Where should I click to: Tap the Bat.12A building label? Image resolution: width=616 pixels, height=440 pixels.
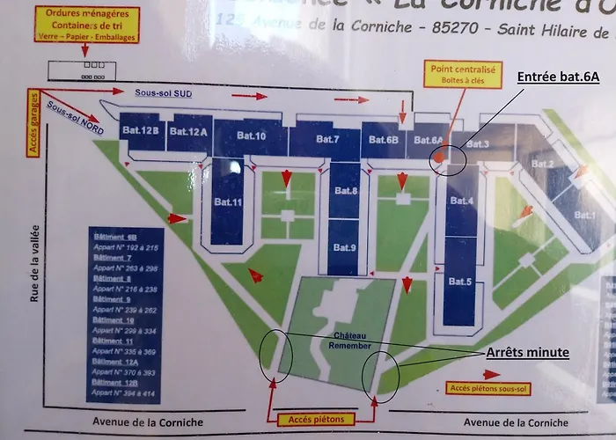point(188,132)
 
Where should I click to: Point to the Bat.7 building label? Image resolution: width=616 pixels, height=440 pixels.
point(327,139)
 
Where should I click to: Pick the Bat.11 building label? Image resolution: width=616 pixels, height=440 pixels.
point(228,202)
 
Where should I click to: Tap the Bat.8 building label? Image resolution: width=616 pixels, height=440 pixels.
point(345,191)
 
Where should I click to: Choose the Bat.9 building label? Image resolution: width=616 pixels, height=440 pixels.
point(344,247)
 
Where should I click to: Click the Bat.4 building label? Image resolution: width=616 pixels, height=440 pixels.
point(461,201)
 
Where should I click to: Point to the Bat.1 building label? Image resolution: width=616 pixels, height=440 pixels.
point(584,214)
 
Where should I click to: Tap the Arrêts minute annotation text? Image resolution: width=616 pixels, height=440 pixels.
point(527,353)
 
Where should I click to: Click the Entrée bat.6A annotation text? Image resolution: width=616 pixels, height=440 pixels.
point(557,77)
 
